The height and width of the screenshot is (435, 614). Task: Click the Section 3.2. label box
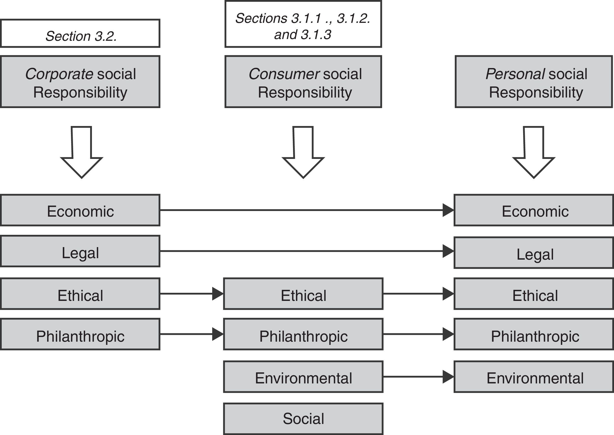pos(80,33)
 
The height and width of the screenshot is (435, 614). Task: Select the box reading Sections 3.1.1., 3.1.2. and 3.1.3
pos(303,24)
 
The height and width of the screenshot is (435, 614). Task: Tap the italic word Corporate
pos(59,74)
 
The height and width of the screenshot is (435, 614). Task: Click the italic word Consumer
pos(284,74)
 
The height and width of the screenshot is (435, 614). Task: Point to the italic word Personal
pos(515,74)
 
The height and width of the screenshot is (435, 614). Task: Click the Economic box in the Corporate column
pos(80,210)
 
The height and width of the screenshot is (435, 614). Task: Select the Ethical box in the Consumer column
pos(303,294)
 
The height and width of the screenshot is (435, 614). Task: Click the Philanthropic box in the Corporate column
pos(80,334)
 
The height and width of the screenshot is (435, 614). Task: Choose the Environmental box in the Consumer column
pos(303,377)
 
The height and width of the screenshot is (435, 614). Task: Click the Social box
pos(303,419)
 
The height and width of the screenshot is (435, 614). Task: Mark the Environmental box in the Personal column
pos(533,377)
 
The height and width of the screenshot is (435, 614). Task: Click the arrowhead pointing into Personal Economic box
pos(448,210)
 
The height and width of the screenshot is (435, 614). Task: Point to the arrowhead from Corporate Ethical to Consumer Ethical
pos(217,294)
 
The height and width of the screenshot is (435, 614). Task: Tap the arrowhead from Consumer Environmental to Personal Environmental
pos(448,377)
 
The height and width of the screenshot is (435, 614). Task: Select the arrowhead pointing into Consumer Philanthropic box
pos(217,334)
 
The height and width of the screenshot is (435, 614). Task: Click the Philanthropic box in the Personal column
pos(533,334)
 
